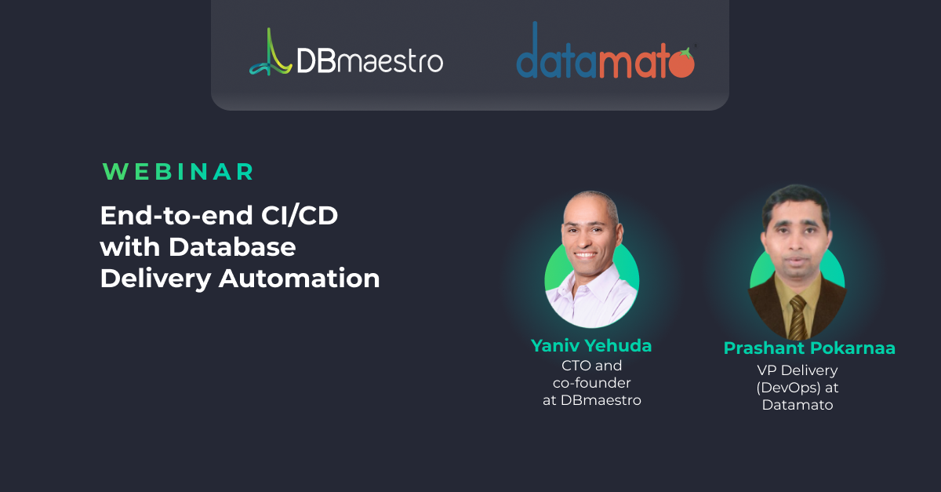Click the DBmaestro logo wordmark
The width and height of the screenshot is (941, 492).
tap(369, 61)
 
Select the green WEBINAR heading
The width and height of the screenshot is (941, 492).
tap(178, 172)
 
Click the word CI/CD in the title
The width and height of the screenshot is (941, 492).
tap(300, 216)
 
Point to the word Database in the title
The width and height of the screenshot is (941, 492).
tap(232, 247)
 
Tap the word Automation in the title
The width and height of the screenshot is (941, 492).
tap(299, 279)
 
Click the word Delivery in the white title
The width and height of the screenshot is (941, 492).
tap(155, 279)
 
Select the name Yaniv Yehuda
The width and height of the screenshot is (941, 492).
tap(591, 346)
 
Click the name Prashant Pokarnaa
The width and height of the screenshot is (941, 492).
tap(809, 348)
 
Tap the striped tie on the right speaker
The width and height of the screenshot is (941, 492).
tap(797, 317)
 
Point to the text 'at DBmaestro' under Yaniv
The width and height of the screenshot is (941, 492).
tap(592, 400)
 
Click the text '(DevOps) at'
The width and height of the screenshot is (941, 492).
tap(797, 388)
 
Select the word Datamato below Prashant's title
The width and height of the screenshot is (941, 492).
tap(797, 405)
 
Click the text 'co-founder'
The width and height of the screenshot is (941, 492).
tap(591, 383)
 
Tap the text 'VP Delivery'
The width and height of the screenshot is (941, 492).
tap(797, 370)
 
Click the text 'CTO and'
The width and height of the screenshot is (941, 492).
tap(591, 366)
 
